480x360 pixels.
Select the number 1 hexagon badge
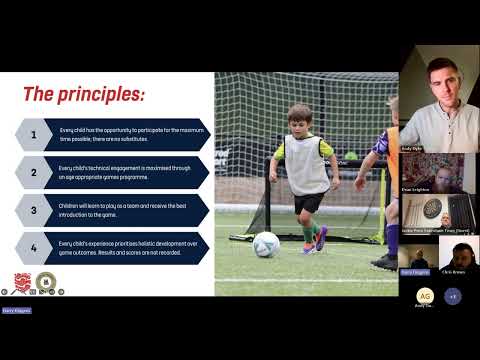click(x=32, y=134)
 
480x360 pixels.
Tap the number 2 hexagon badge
click(x=32, y=172)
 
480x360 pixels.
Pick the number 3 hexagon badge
click(x=32, y=209)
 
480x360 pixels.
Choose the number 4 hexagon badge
click(x=32, y=247)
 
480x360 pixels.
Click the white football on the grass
click(x=266, y=245)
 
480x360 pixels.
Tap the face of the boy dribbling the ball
click(x=299, y=122)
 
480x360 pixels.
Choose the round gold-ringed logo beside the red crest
click(x=44, y=282)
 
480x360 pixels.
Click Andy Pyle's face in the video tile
click(x=439, y=85)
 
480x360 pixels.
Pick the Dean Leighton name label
click(x=416, y=187)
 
